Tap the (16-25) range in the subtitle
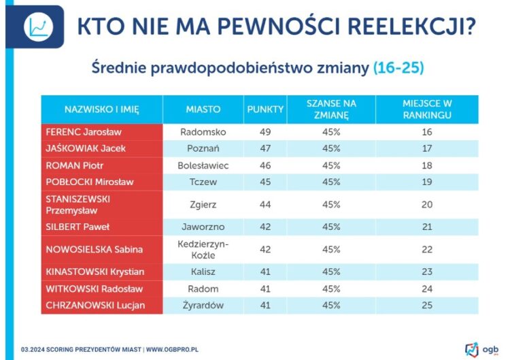point(399,69)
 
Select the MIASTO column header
point(203,109)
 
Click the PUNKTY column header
point(265,109)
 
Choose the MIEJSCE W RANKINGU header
point(427,109)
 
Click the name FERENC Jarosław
point(83,132)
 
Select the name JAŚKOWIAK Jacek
point(86,148)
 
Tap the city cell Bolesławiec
point(203,165)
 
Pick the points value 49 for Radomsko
point(265,132)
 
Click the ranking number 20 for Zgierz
point(427,204)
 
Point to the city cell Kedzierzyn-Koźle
point(203,249)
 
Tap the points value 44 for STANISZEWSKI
point(265,204)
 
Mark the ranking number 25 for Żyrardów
point(427,306)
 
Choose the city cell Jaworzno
point(203,227)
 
